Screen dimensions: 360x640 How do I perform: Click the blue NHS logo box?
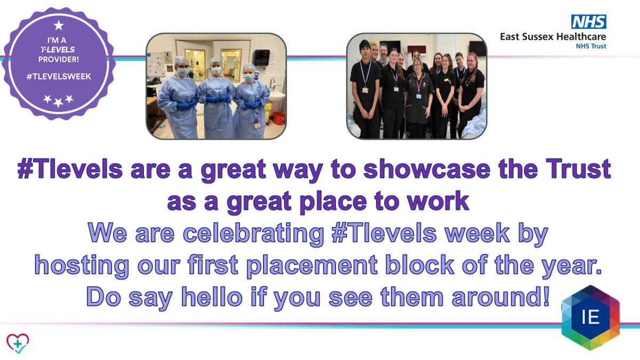(588, 22)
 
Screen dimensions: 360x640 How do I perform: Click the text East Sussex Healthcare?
(553, 37)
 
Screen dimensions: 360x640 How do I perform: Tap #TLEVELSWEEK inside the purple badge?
(59, 76)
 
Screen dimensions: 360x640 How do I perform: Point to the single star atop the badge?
(59, 25)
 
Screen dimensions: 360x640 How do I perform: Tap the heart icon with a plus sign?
(18, 343)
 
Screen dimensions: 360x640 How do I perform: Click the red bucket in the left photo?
(278, 118)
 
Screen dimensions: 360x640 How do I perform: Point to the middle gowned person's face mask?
(217, 71)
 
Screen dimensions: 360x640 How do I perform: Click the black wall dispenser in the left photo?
(261, 57)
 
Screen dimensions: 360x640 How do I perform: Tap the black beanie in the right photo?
(365, 45)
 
